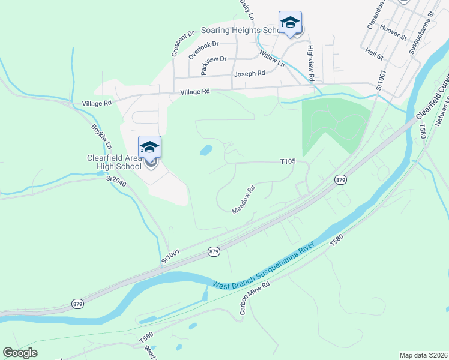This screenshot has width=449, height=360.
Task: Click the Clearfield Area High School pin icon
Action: (x=149, y=147)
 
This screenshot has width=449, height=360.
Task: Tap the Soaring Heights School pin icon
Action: (x=290, y=23)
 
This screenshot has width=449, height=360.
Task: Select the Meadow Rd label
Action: (x=244, y=199)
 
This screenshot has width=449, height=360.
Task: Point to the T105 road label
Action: (x=289, y=161)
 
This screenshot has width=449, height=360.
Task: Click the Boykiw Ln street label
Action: (x=102, y=137)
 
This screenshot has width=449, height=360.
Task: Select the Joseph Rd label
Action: (x=249, y=73)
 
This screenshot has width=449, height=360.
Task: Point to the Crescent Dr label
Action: (x=181, y=43)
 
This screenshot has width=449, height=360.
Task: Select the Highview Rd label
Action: (x=310, y=63)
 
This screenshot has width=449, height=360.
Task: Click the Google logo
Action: (x=20, y=353)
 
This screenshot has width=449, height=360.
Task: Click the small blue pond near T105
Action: (x=206, y=150)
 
